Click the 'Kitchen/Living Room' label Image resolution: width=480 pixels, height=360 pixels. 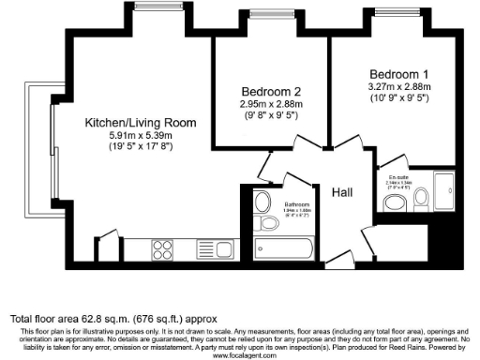point(141,123)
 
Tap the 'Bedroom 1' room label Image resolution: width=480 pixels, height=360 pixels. point(400,74)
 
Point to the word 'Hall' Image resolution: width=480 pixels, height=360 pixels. point(341,191)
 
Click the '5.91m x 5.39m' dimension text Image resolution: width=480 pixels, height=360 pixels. point(141,135)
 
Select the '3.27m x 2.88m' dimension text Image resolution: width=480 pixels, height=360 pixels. point(400,86)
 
